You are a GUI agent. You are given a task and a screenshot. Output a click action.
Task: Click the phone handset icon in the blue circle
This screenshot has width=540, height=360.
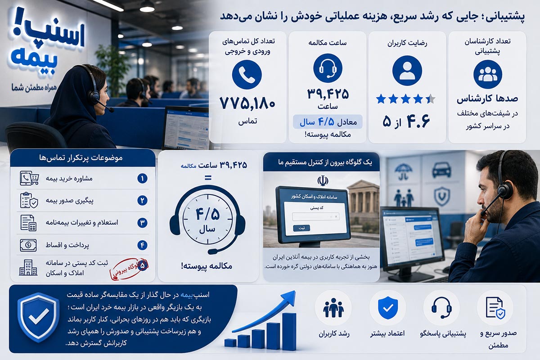point(247,75)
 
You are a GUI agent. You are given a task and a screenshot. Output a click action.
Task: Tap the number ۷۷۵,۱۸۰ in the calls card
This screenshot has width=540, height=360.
point(247,103)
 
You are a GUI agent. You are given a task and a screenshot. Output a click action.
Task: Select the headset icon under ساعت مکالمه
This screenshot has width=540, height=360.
point(328,68)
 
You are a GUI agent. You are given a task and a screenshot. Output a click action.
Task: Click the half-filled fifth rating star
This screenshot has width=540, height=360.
point(430,99)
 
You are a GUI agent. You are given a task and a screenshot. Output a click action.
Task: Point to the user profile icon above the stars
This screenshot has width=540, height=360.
point(407,71)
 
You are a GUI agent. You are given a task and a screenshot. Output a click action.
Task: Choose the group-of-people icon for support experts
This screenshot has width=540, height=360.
point(488,75)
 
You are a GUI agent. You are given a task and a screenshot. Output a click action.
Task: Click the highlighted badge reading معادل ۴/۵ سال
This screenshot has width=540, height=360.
point(328,122)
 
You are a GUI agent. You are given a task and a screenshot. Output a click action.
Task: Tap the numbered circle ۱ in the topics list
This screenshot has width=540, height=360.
point(142,179)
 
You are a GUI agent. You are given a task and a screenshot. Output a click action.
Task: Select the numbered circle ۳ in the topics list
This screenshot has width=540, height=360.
point(142,223)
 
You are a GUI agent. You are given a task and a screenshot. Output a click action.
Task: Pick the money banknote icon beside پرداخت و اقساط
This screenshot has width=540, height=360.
point(28,245)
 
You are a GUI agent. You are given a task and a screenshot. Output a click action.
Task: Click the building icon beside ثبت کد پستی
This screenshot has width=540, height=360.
point(28,267)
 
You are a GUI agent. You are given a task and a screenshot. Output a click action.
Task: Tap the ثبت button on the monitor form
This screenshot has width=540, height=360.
point(301,228)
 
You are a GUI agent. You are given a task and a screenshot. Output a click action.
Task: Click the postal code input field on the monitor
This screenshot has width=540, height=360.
point(316,216)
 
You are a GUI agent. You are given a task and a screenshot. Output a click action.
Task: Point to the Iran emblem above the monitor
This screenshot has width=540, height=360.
point(323,180)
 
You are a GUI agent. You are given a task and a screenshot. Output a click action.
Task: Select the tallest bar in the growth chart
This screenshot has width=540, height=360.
point(289,332)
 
